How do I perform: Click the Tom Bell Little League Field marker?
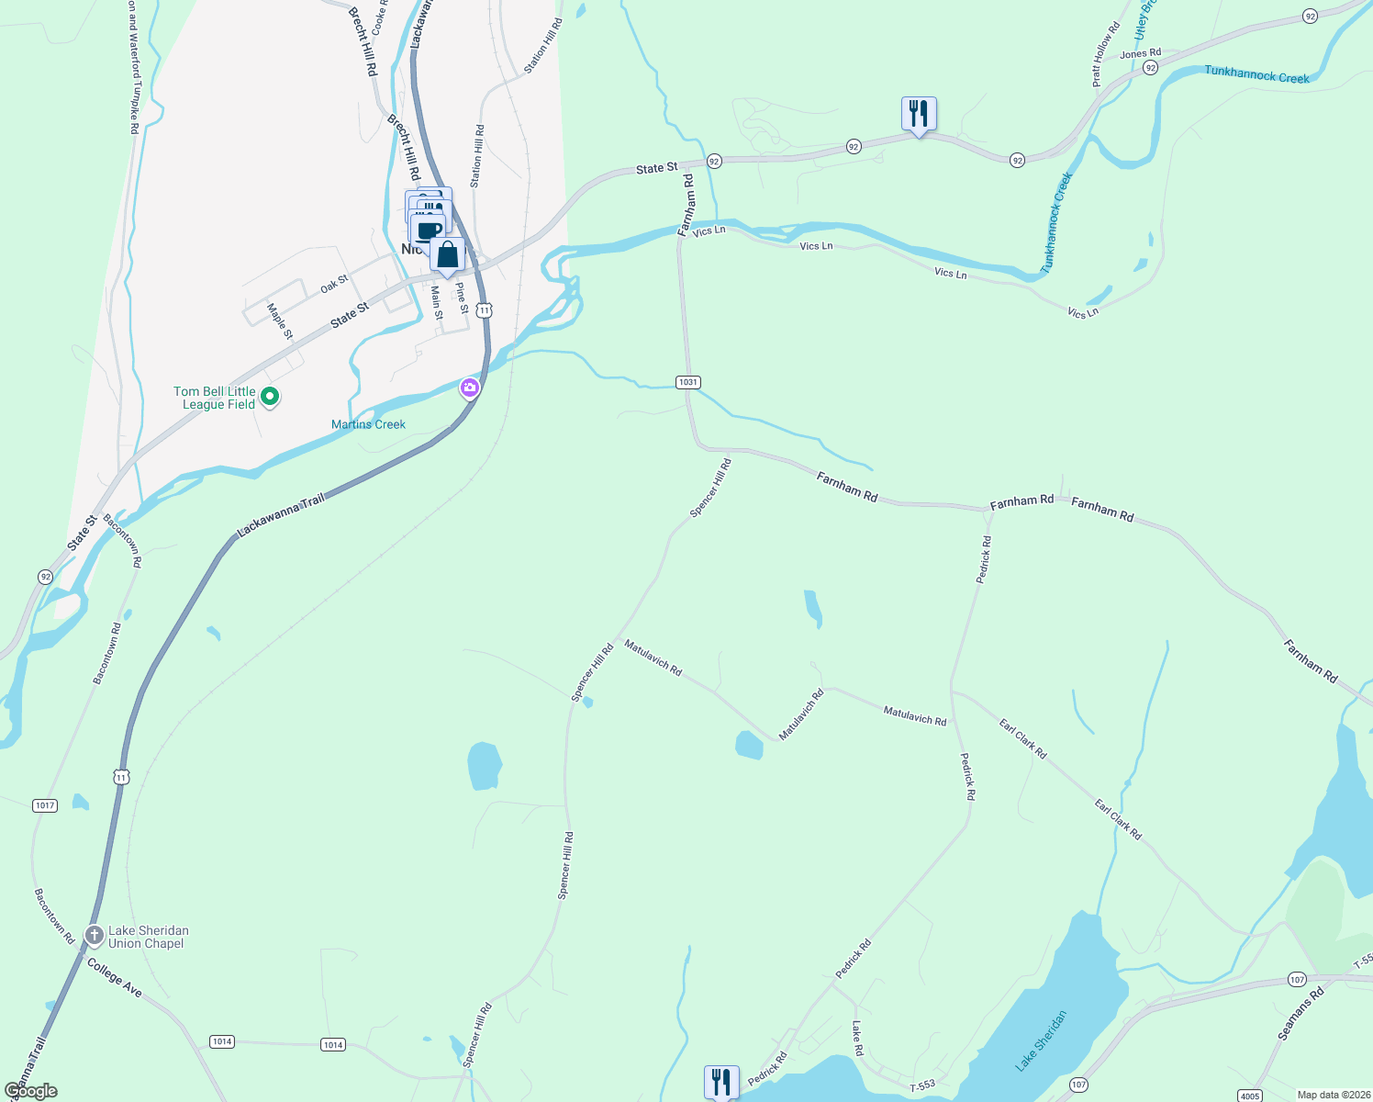click(x=269, y=397)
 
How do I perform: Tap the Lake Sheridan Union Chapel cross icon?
click(x=94, y=936)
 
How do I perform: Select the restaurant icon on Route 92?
click(x=918, y=114)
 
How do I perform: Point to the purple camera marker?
click(x=470, y=388)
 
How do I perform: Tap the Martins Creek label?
click(x=368, y=424)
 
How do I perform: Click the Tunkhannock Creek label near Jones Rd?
click(x=1256, y=74)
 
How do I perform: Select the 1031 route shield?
click(x=687, y=382)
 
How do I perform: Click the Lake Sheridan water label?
click(x=1042, y=1040)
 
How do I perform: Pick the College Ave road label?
click(x=115, y=977)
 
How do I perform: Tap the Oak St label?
click(x=334, y=285)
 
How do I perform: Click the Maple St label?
click(x=280, y=320)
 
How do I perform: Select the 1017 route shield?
click(x=45, y=805)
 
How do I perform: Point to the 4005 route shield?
click(x=1249, y=1096)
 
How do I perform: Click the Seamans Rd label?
click(x=1301, y=1014)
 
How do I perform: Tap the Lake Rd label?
click(x=858, y=1038)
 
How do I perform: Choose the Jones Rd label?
click(x=1140, y=54)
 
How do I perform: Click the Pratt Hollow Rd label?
click(x=1106, y=55)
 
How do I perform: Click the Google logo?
click(x=30, y=1091)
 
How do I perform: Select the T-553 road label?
click(x=922, y=1085)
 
